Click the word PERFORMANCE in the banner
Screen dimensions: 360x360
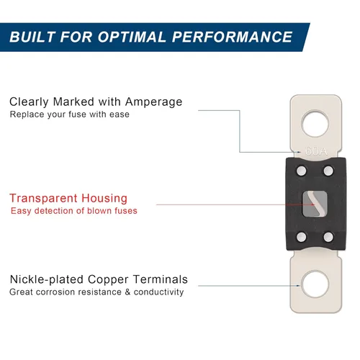(x=232, y=37)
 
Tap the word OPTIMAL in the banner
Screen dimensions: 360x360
(x=132, y=37)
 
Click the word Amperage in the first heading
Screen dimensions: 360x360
(x=153, y=102)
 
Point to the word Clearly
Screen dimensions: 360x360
(x=29, y=102)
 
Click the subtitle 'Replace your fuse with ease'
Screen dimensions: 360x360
(x=70, y=114)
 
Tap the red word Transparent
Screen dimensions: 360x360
(x=43, y=199)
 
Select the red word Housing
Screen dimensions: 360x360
(x=104, y=199)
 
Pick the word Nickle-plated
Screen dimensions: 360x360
(x=47, y=279)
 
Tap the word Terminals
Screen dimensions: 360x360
(x=161, y=279)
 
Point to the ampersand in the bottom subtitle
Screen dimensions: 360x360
(x=127, y=292)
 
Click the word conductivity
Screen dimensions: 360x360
(x=158, y=292)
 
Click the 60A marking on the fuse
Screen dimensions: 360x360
(x=316, y=151)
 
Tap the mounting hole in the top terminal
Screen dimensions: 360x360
(x=315, y=124)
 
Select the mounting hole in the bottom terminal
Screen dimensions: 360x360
(x=315, y=284)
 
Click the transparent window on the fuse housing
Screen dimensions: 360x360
(x=315, y=204)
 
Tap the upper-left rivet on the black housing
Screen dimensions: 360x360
(x=302, y=171)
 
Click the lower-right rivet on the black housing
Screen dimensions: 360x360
(x=328, y=237)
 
